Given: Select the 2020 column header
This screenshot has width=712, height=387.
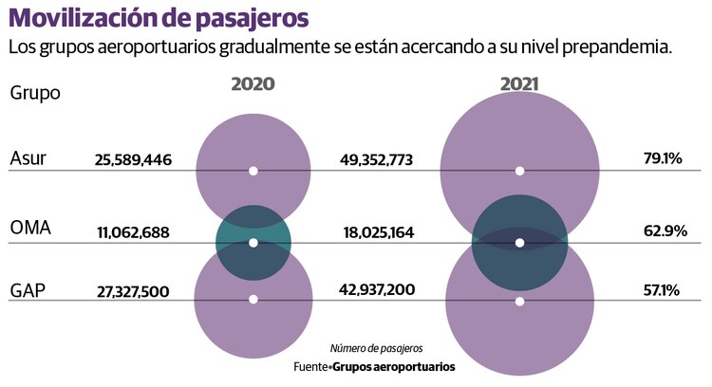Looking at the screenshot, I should [x=253, y=84].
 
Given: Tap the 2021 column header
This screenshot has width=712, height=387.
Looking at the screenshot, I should [x=519, y=84].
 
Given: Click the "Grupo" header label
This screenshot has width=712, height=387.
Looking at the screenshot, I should [x=35, y=93].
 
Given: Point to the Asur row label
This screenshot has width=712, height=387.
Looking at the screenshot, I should [x=28, y=158].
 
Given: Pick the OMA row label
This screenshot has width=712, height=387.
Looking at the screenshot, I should [x=30, y=230].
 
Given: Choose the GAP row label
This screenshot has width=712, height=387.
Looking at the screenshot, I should [x=29, y=289].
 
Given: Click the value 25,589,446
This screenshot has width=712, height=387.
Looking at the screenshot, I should [x=133, y=160].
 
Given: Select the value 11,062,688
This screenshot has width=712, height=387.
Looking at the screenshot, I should [x=133, y=232].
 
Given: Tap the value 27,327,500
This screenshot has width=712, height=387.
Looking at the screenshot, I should [x=133, y=291].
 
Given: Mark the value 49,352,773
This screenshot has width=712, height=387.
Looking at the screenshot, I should [x=376, y=160].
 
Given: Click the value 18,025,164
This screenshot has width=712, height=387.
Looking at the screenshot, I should [x=376, y=232].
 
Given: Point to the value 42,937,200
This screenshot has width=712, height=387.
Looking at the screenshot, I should [x=376, y=289].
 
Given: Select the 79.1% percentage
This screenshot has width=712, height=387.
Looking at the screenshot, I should [x=663, y=158].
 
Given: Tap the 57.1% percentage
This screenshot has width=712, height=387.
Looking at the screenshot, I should [x=662, y=289].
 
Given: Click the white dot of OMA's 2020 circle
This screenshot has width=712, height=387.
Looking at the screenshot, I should [x=253, y=243].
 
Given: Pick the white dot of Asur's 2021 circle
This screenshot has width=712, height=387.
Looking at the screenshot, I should [x=519, y=171].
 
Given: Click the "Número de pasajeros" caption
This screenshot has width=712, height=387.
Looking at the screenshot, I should [x=376, y=348].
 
